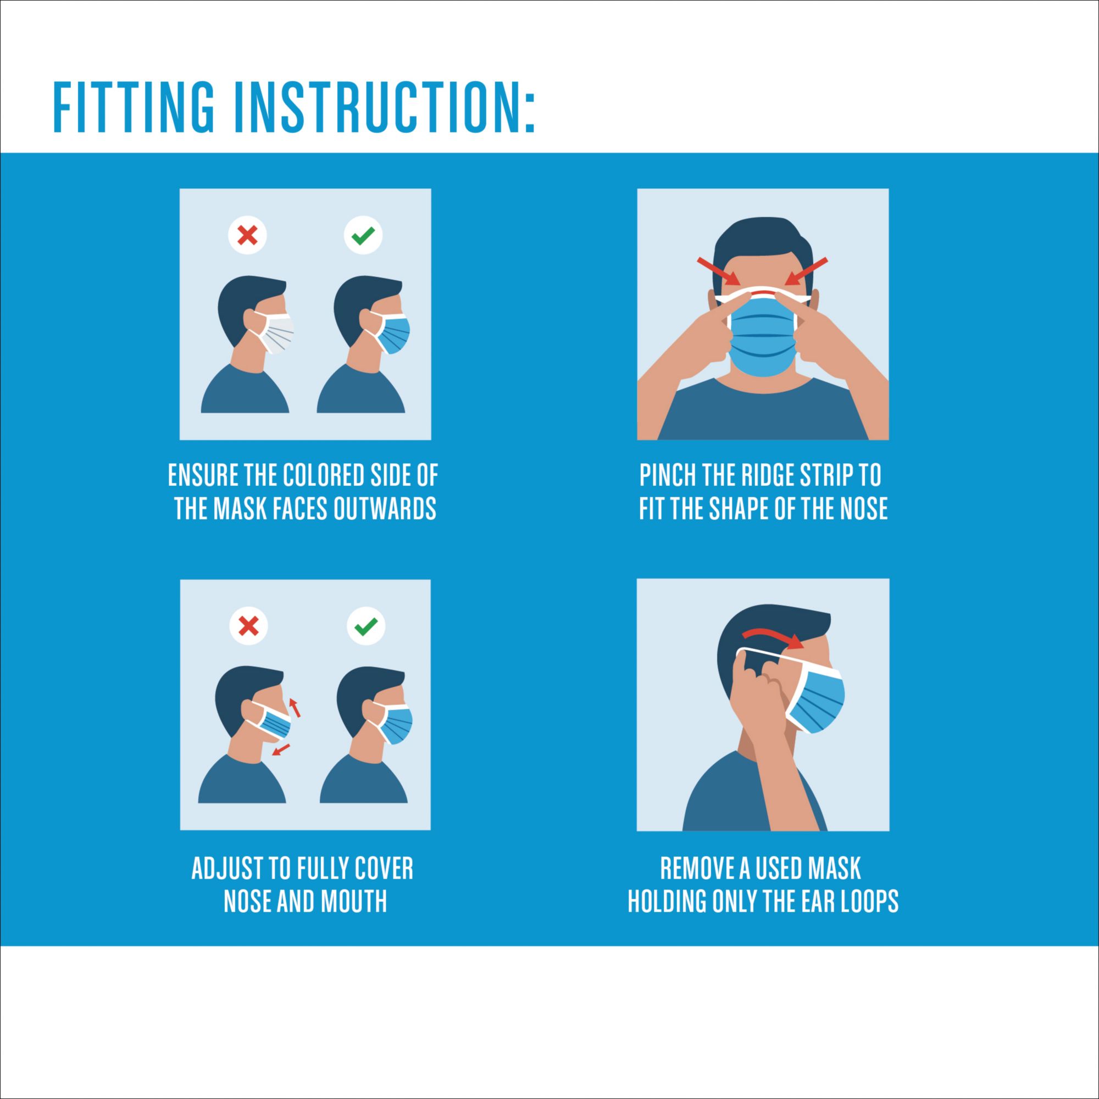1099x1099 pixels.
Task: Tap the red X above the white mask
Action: [x=247, y=235]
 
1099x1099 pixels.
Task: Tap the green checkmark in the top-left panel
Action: [x=363, y=235]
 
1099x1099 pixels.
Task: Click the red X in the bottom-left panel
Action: [x=248, y=626]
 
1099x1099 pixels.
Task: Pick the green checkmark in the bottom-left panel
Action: [x=366, y=626]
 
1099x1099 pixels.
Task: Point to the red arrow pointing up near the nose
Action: [x=295, y=707]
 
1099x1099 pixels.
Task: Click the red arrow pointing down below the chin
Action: [x=280, y=750]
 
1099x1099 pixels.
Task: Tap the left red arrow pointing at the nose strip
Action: [x=718, y=271]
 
